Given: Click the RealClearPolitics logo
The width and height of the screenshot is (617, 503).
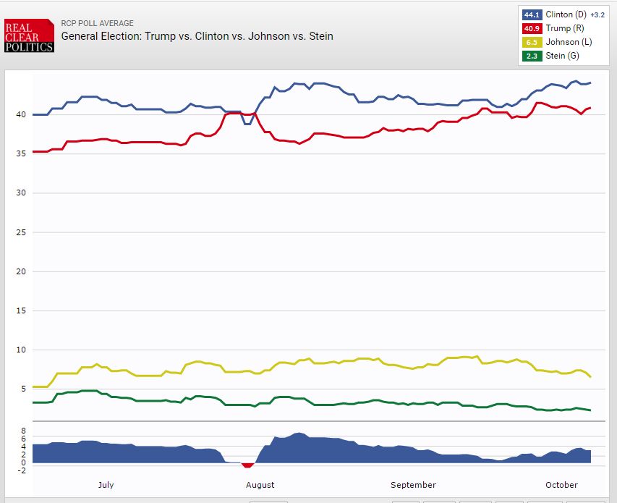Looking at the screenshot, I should (29, 35).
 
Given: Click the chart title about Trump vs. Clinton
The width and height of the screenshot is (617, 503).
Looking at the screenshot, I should (197, 35).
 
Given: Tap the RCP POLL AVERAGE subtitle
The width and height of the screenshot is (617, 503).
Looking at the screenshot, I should (97, 23).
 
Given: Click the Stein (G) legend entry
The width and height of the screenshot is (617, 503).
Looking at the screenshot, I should (561, 56).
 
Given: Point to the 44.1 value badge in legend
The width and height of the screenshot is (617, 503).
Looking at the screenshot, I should (530, 14).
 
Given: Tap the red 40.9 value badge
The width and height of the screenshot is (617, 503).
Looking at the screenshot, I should (530, 28).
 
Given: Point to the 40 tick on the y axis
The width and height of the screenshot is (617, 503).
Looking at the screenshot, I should (22, 114).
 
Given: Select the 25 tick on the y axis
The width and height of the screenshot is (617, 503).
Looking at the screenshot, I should (22, 232).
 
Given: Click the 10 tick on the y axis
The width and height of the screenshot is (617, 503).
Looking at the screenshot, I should (22, 350).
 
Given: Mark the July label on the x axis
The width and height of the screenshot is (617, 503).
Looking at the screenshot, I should (106, 485).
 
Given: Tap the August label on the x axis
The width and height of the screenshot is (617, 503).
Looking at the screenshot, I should (260, 485).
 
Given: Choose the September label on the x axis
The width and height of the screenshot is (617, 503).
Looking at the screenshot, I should (413, 485).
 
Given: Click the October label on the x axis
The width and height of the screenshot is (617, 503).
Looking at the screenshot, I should (561, 485).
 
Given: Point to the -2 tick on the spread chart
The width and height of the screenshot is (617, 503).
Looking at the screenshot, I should (22, 470).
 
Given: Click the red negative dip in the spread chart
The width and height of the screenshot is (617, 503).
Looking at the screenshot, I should (248, 465).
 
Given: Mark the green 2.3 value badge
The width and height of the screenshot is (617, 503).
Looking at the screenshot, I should (530, 56).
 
